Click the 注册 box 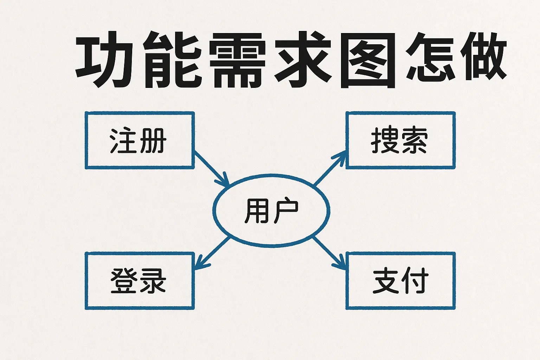(140, 140)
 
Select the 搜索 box (400, 140)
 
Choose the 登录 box (140, 281)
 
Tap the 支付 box (400, 281)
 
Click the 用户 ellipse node (271, 210)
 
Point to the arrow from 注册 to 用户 (211, 168)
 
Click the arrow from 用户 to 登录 (212, 253)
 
